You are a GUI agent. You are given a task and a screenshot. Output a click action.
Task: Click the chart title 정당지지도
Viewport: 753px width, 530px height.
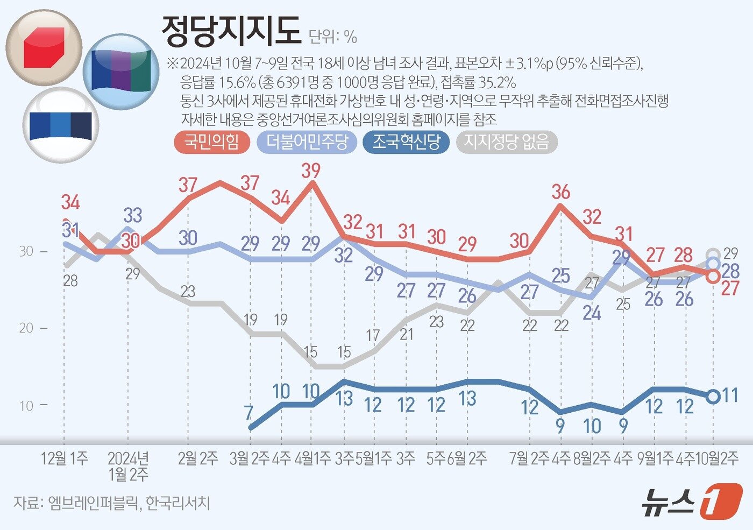pos(231,31)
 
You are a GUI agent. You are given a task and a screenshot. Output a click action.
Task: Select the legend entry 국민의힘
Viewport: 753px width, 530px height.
pos(212,143)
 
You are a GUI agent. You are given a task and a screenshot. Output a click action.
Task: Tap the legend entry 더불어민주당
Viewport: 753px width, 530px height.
pos(307,143)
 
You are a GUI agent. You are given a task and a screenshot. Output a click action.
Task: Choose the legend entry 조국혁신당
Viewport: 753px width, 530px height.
pos(406,143)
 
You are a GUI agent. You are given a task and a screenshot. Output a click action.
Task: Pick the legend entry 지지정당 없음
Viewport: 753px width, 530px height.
pos(506,143)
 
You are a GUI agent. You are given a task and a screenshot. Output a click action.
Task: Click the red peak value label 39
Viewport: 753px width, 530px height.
pos(310,171)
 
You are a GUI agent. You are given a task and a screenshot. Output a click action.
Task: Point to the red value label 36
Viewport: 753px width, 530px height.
pos(560,192)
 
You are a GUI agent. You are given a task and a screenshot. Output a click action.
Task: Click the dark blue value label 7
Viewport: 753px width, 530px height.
pos(248,413)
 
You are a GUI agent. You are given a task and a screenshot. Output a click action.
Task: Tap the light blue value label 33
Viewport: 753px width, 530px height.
pos(133,215)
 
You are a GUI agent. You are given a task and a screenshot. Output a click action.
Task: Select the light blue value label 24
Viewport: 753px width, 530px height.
pos(592,313)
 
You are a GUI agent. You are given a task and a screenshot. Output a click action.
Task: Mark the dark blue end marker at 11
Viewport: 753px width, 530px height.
pos(713,397)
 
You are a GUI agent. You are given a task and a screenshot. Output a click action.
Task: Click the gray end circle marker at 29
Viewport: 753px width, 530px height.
pos(713,254)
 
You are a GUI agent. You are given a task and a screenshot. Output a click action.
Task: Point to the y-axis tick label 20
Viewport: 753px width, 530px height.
pos(26,328)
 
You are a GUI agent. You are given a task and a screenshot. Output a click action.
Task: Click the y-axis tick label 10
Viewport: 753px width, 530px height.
pos(26,406)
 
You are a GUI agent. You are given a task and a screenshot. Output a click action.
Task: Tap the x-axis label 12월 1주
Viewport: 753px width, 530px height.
pos(65,458)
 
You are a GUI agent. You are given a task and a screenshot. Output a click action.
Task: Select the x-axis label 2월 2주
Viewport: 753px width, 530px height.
pos(198,458)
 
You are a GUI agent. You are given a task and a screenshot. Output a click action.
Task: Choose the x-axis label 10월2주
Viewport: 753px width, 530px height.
pos(717,458)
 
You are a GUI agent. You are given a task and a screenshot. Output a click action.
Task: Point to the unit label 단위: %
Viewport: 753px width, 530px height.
pos(333,37)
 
